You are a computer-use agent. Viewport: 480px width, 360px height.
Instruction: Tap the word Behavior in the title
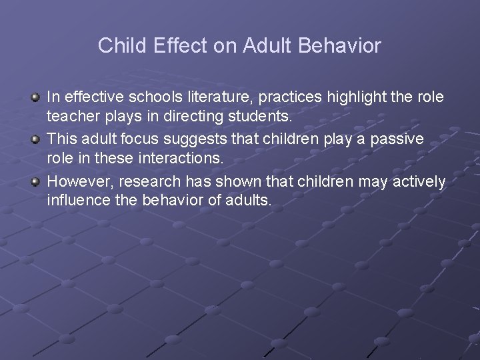pyautogui.click(x=339, y=45)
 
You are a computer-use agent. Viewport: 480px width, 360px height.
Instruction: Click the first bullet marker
pyautogui.click(x=36, y=98)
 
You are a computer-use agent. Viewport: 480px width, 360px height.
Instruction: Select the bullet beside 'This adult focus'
pyautogui.click(x=36, y=139)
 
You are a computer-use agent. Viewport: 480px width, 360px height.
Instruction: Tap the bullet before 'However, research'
pyautogui.click(x=36, y=181)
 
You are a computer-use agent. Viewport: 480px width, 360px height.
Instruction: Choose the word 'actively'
pyautogui.click(x=419, y=181)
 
